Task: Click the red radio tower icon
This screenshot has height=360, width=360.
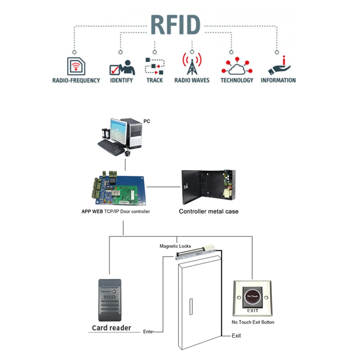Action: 192,64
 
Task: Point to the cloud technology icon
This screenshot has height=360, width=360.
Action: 237,67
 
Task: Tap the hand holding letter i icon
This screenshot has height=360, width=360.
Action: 279,66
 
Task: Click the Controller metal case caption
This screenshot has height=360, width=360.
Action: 208,211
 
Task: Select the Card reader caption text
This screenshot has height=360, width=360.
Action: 111,328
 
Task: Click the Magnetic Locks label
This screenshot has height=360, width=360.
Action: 175,246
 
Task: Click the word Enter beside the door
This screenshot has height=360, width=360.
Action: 148,331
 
